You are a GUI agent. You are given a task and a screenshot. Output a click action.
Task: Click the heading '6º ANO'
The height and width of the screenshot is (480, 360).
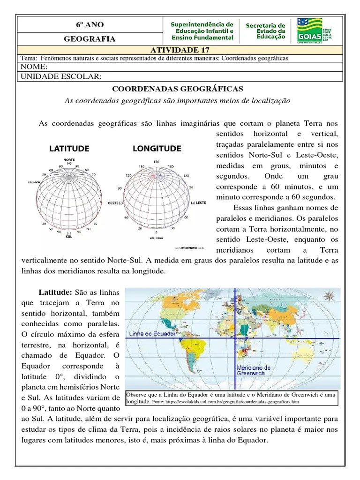click(90, 24)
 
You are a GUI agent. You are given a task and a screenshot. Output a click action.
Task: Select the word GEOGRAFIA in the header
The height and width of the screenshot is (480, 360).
click(90, 39)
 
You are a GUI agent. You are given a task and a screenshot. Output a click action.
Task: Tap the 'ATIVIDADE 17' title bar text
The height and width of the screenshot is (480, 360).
click(180, 50)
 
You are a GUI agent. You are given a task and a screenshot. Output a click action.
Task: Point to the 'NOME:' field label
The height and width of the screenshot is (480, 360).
click(32, 67)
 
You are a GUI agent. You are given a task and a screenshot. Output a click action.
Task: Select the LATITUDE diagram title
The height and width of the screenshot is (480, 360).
click(69, 149)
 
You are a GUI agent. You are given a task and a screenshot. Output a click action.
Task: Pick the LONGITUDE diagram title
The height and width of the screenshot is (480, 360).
click(157, 149)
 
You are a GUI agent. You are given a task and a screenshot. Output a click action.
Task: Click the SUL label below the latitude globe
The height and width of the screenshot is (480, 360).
click(69, 237)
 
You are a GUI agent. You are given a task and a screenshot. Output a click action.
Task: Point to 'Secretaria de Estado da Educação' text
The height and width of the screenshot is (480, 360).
click(265, 31)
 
